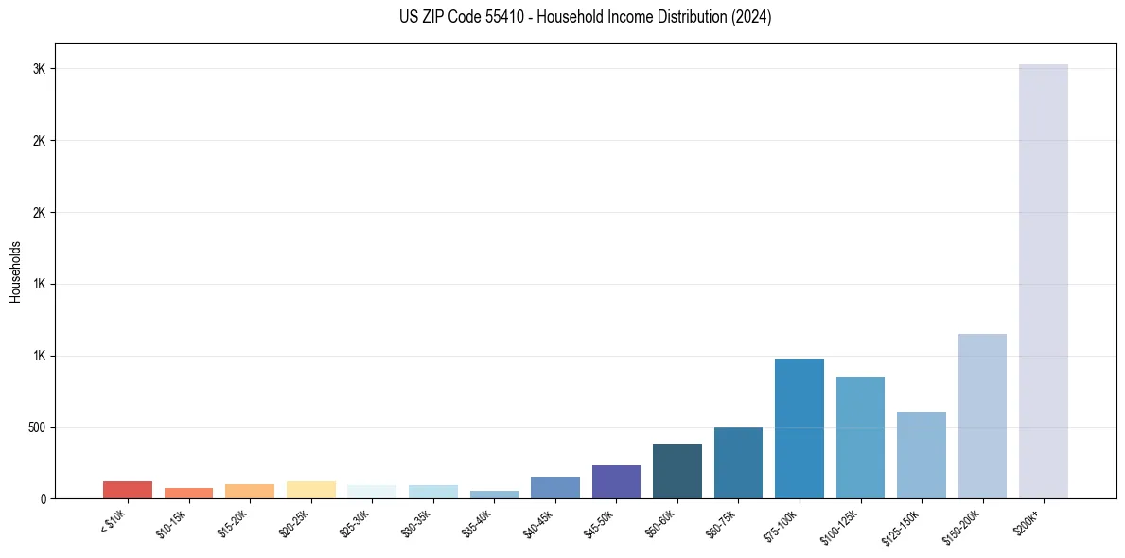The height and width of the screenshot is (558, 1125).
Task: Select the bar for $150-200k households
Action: tap(982, 416)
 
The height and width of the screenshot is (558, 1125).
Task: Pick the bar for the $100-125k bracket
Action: tap(860, 438)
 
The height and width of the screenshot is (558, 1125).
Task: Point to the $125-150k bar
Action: tap(921, 455)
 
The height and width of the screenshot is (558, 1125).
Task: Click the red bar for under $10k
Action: tap(128, 490)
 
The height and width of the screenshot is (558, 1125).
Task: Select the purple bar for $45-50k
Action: tap(616, 481)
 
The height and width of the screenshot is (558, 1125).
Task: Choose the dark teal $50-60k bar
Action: tap(677, 471)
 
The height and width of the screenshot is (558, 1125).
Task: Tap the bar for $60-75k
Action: tap(738, 462)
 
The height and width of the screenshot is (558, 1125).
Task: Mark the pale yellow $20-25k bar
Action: tap(310, 490)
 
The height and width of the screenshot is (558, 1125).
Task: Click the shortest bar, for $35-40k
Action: tap(494, 495)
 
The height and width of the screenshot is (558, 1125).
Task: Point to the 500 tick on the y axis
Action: tap(37, 427)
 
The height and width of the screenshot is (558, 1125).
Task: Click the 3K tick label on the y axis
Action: tap(40, 69)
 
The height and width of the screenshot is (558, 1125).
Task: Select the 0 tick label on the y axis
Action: tap(44, 498)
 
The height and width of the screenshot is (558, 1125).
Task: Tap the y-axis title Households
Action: tap(15, 271)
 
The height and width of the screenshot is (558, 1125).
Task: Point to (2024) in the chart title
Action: tap(752, 17)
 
